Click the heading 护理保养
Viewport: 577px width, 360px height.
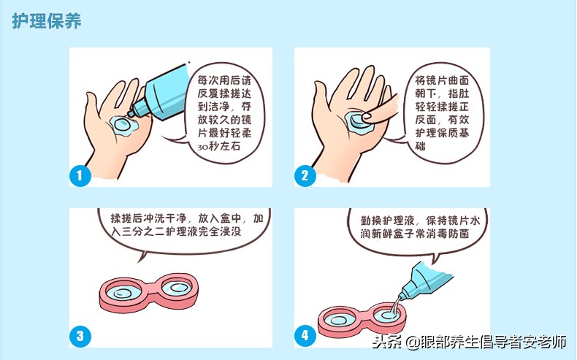[x=46, y=21]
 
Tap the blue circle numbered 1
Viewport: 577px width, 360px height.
[x=80, y=175]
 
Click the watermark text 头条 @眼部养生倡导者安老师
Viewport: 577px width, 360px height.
[x=470, y=342]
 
